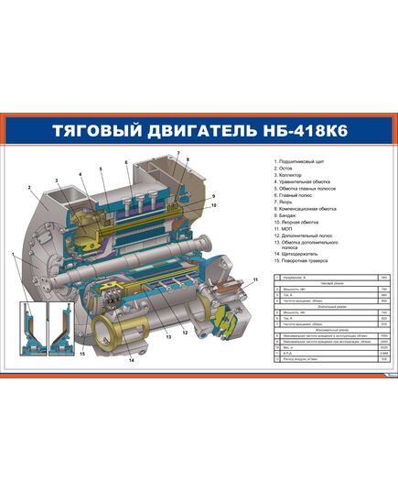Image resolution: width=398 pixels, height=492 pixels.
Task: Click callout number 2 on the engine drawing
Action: pyautogui.click(x=30, y=187)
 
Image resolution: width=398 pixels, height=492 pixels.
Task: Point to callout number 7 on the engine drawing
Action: pyautogui.click(x=178, y=152)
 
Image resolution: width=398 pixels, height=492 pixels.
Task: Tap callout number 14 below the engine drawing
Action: pyautogui.click(x=131, y=361)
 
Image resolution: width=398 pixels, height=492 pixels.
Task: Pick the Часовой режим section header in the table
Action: pyautogui.click(x=322, y=284)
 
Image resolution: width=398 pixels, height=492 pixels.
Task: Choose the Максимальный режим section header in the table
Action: pyautogui.click(x=322, y=329)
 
